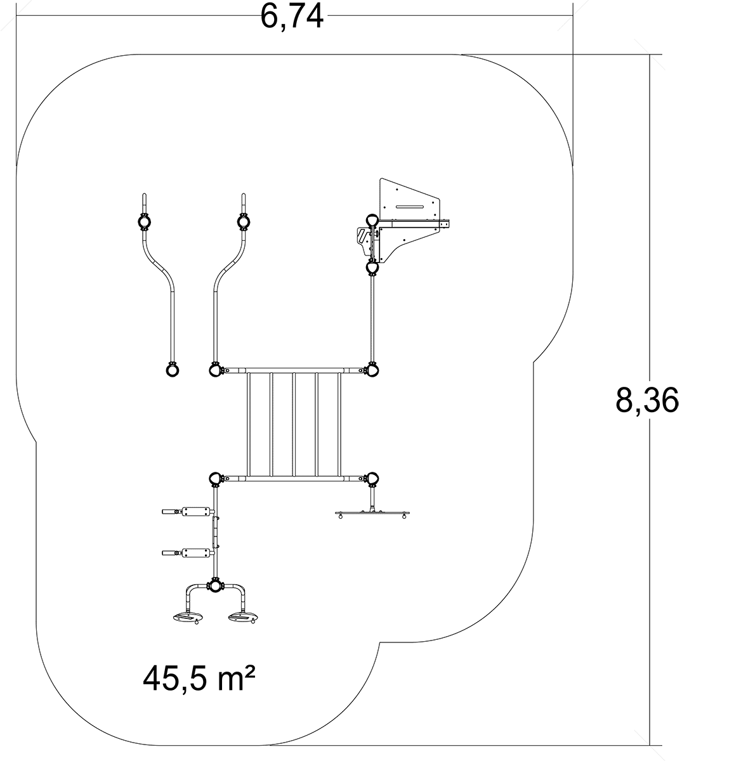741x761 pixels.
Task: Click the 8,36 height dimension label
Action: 647,400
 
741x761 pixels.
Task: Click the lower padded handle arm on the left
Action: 188,552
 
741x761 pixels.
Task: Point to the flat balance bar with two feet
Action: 373,513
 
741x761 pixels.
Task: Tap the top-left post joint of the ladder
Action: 215,370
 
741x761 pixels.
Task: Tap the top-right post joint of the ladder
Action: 372,370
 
